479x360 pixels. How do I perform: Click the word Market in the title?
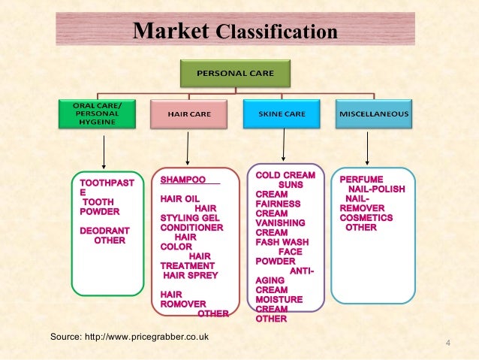(x=170, y=32)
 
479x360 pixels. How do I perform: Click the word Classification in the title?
(x=276, y=33)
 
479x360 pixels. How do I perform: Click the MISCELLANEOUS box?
(x=374, y=114)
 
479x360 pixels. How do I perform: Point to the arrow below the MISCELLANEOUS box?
(x=367, y=147)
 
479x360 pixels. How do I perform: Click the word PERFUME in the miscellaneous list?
(x=361, y=180)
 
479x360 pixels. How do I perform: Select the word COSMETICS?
(x=366, y=218)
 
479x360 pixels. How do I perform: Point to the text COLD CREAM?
(x=285, y=175)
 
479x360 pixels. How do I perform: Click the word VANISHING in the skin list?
(x=280, y=223)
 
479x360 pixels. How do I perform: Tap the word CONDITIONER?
(x=191, y=227)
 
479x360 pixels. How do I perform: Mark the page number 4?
(x=448, y=344)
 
